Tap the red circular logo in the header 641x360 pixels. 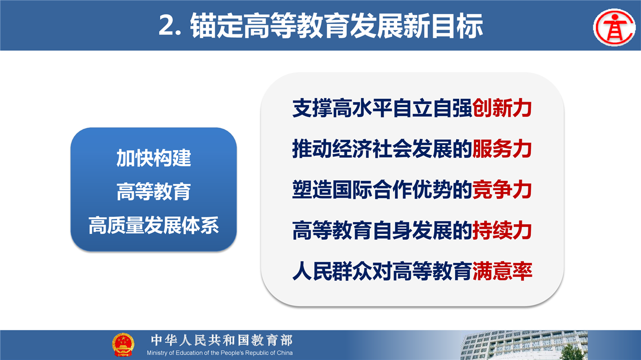(614, 27)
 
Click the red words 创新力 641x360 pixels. (502, 108)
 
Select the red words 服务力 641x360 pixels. (502, 149)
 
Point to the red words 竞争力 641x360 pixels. (502, 189)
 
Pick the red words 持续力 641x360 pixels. (502, 230)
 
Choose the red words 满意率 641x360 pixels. (502, 271)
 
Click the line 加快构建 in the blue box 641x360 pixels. (154, 158)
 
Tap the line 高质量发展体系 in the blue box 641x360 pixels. (154, 225)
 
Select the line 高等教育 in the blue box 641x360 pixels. (154, 192)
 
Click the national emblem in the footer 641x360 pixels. (123, 345)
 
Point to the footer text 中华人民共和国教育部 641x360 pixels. (222, 340)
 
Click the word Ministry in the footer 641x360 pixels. (157, 353)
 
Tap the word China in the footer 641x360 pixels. (285, 353)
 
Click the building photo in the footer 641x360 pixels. (524, 345)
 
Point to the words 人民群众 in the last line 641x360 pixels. (332, 271)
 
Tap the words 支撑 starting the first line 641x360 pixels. (312, 108)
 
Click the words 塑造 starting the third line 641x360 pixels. (312, 189)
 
